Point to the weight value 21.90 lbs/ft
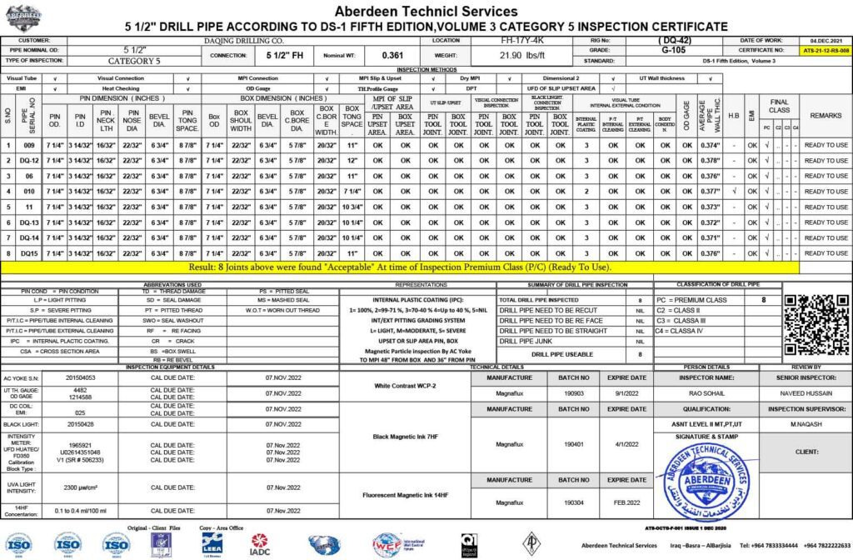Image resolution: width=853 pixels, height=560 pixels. [520, 56]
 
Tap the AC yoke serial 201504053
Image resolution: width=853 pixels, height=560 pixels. [69, 377]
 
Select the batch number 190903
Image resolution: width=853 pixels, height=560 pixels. [574, 392]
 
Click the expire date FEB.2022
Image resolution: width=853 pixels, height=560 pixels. [626, 502]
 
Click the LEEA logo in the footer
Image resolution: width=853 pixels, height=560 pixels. [212, 543]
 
